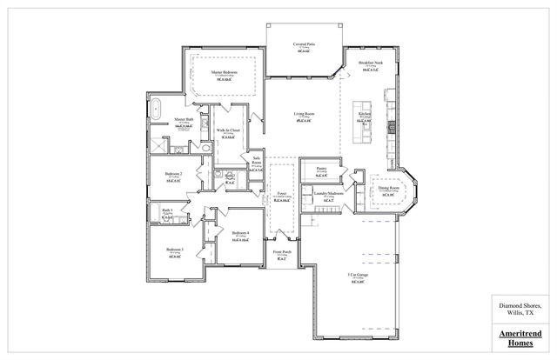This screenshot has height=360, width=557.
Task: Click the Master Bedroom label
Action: click(225, 71)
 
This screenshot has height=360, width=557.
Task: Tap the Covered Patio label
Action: click(304, 41)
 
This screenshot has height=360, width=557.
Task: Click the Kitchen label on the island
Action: click(366, 114)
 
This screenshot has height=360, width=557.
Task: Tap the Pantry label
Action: click(320, 170)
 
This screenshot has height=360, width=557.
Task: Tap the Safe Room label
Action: click(257, 160)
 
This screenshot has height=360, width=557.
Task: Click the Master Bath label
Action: click(183, 119)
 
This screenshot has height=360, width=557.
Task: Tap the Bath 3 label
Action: click(167, 210)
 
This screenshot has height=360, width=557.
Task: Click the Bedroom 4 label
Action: click(241, 232)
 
